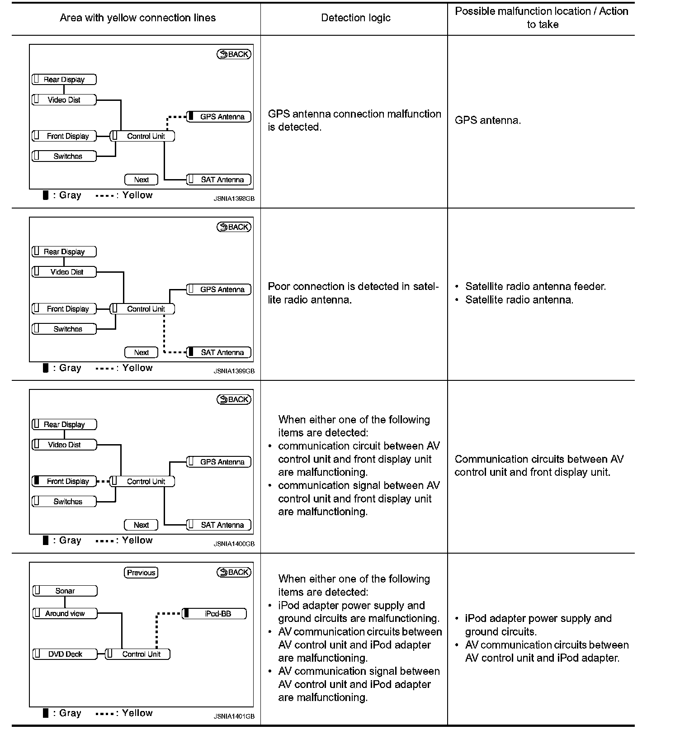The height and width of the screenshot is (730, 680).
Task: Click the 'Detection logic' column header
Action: point(356,18)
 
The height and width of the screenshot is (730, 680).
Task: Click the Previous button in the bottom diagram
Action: point(141,573)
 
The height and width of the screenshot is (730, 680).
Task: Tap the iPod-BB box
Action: point(214,614)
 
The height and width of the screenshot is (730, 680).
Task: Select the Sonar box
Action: point(65,591)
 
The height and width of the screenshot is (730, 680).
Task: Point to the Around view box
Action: point(65,613)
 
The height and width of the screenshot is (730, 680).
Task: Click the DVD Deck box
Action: point(65,654)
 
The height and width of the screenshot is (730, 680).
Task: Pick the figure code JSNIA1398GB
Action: point(234,199)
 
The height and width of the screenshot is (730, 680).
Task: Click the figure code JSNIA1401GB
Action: point(234,716)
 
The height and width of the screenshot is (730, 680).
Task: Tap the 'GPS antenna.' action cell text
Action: point(488,120)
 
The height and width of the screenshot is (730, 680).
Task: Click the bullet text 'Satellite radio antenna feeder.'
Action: point(535,286)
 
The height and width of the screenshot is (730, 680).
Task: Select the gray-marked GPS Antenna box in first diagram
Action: point(219,117)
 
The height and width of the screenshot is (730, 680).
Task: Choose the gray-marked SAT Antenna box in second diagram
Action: point(219,352)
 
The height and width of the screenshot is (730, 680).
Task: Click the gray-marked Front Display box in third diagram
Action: point(64,481)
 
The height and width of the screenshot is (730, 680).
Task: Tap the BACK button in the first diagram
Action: point(234,54)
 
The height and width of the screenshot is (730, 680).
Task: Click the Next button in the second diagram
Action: point(141,352)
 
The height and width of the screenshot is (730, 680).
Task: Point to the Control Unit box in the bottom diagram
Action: point(138,654)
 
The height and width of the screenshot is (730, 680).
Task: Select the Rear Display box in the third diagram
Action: point(64,424)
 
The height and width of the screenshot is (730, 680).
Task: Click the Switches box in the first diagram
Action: point(64,156)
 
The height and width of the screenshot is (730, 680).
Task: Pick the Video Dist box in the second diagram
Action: point(64,272)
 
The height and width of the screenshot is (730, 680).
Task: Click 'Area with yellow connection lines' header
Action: point(137,18)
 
